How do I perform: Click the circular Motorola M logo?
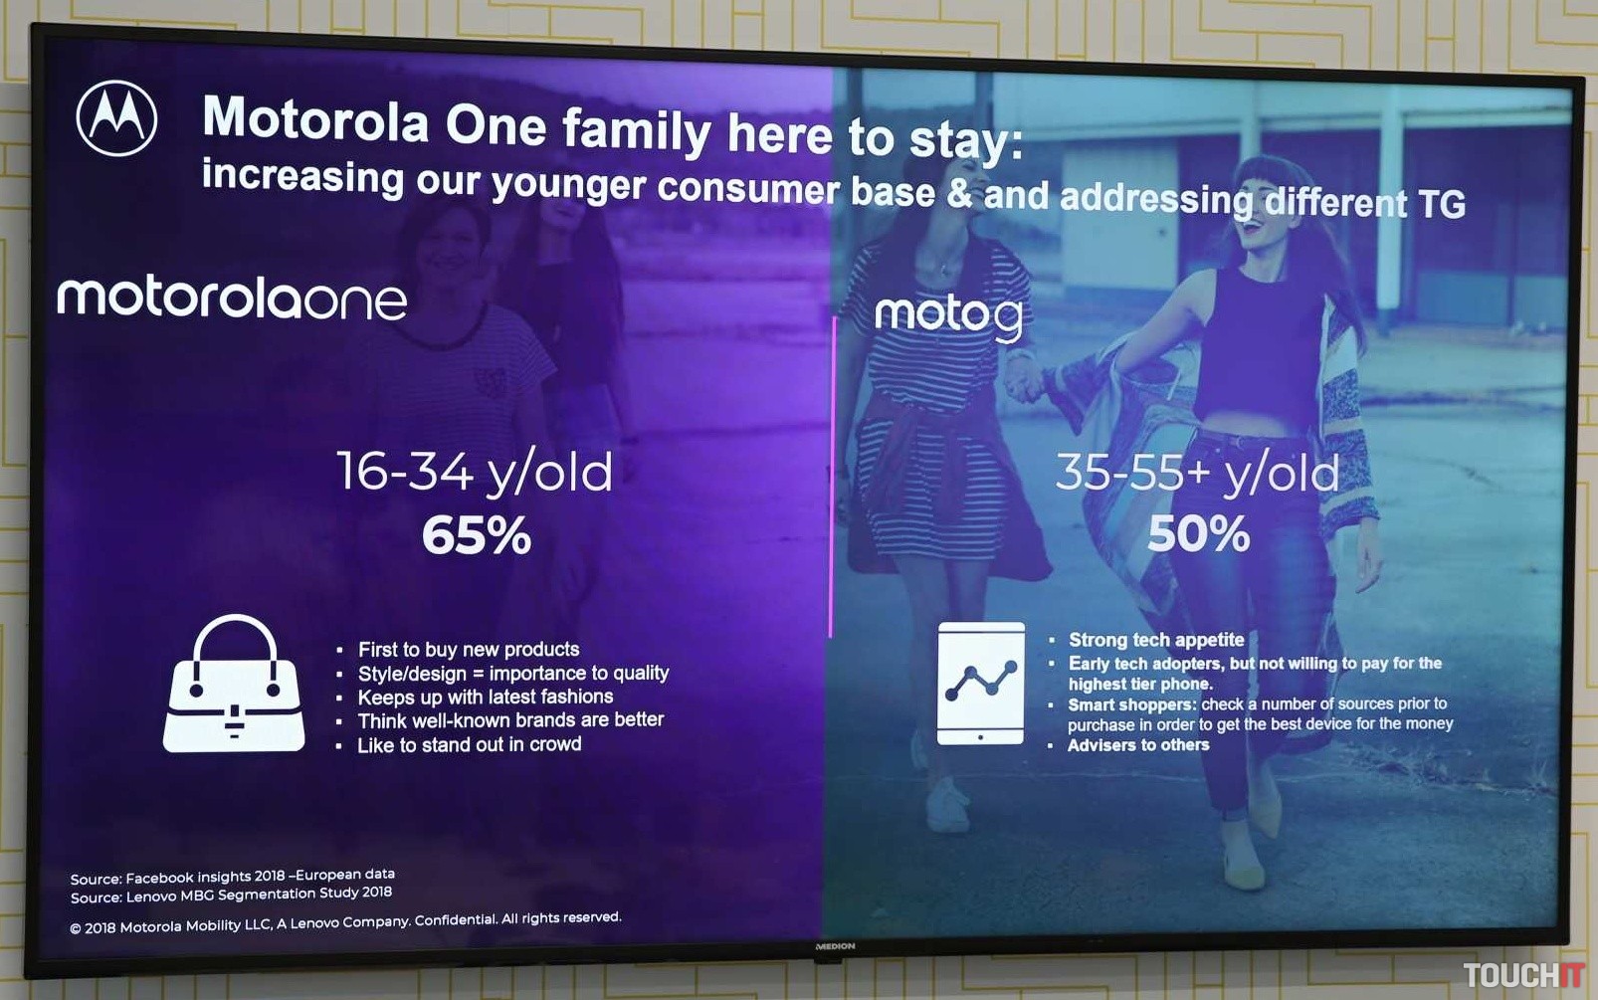116,118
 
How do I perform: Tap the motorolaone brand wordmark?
232,299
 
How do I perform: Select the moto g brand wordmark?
949,316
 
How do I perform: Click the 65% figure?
477,535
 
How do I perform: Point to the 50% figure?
1198,533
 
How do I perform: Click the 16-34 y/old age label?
475,472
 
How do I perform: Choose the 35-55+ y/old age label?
1197,473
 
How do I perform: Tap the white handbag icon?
234,684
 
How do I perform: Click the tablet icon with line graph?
981,684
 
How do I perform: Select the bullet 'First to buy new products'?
469,649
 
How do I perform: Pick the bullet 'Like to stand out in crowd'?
470,744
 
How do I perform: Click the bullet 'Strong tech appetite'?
1156,640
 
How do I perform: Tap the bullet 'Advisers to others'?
1138,745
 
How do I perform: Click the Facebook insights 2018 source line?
233,877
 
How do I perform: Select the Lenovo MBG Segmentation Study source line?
231,896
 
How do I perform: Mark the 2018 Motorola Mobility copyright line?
346,922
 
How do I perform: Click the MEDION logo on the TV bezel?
836,946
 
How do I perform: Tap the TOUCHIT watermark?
1524,976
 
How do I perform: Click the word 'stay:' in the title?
966,140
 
